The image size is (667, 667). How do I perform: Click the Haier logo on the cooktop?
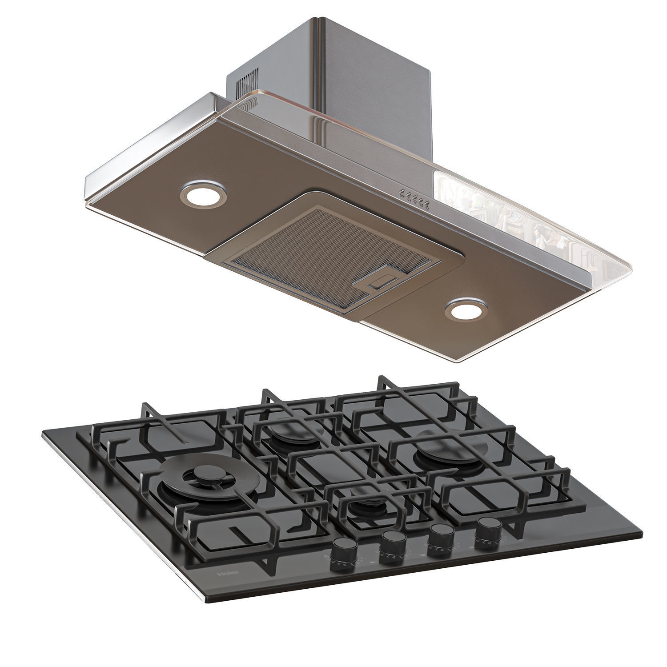coord(228,573)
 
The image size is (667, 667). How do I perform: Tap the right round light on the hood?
coord(467,309)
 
